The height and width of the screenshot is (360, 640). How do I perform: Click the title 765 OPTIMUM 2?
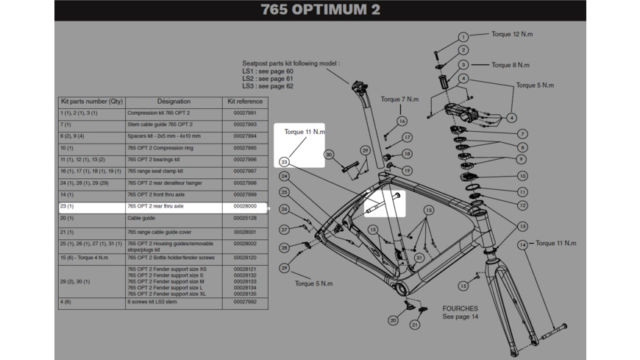321,10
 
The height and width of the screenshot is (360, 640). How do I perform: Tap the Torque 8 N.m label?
511,65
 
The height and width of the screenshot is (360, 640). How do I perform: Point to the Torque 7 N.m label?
399,99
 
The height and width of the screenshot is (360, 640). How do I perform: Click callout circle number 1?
463,37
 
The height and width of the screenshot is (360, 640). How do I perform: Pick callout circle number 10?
522,176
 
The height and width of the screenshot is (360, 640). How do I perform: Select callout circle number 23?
284,161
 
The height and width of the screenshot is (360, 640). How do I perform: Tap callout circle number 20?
394,320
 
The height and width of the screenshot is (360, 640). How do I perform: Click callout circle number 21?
415,325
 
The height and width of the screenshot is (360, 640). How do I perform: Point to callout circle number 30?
329,155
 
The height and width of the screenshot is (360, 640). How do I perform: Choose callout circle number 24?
284,176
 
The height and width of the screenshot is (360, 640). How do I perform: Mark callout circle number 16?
402,121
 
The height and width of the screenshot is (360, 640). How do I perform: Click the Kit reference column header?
245,101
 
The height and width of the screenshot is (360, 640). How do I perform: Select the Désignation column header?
174,101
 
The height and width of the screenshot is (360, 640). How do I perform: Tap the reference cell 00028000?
245,207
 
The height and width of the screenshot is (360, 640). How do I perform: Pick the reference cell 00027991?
245,113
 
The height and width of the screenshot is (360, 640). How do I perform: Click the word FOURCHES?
460,308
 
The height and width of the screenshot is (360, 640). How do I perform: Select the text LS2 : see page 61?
268,78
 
